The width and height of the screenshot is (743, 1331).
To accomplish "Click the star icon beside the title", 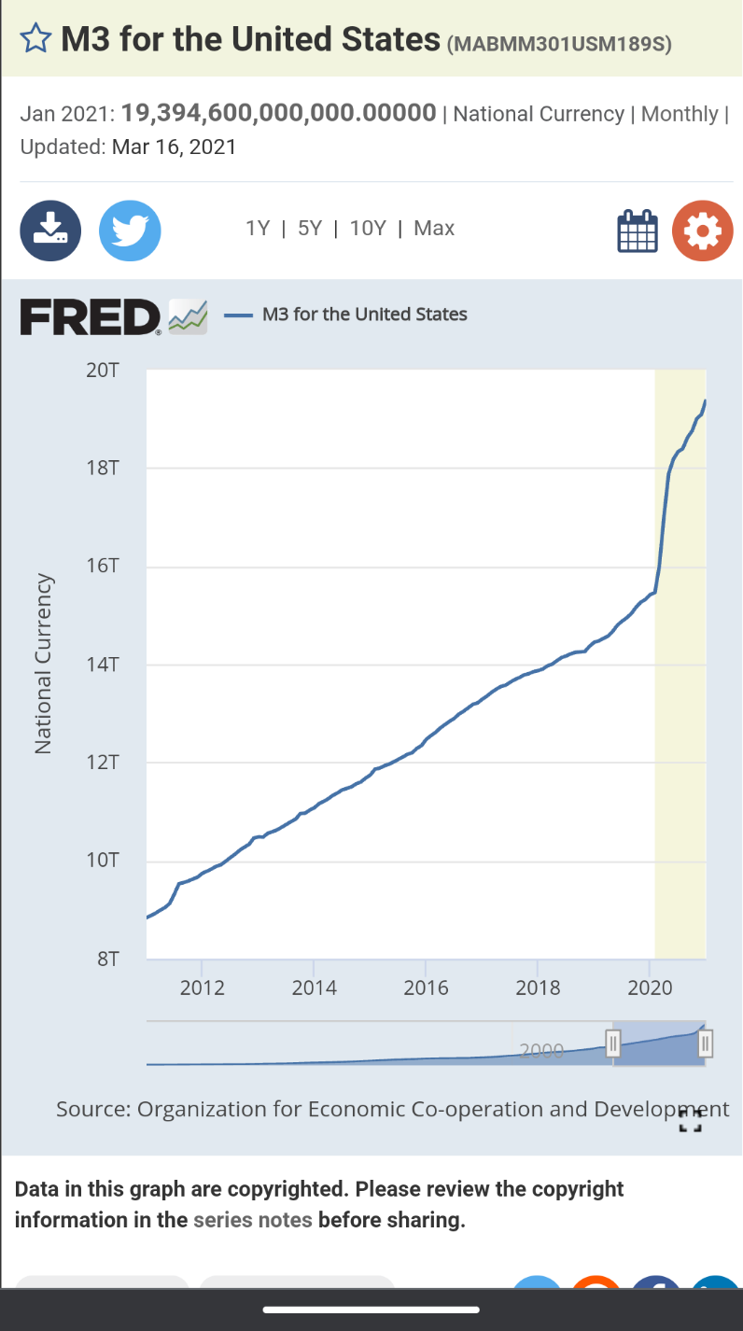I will point(35,39).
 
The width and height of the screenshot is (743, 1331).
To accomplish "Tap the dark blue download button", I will point(50,230).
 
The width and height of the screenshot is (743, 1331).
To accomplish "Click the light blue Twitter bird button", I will point(130,230).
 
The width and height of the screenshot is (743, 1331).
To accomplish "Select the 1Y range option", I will point(259,229).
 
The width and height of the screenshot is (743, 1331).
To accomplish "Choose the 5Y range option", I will point(310,229).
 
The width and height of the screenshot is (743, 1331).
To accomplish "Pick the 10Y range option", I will point(368,229).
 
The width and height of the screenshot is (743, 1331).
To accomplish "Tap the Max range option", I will point(434,229).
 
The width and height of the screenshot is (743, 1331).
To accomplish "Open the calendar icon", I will point(638,231).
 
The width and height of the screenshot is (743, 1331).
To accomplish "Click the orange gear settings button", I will point(703,231).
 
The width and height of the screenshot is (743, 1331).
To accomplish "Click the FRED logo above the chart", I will point(91,316).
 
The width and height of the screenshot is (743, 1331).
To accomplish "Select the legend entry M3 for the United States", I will point(364,315).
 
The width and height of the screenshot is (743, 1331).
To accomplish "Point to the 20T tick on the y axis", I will point(103,371).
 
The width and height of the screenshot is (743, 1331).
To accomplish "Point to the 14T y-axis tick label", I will point(103,665).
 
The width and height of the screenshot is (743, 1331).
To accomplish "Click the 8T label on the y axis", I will point(108,960).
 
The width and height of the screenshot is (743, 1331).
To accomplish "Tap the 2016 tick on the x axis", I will point(426,988).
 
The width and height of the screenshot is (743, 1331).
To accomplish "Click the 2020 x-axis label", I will point(650,988).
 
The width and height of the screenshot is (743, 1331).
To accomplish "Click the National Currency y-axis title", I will point(42,664).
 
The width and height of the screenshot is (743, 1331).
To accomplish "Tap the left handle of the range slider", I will point(613,1043).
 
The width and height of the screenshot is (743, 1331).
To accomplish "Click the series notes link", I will point(252,1220).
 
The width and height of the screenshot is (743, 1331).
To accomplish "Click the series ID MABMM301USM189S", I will point(559,44).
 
